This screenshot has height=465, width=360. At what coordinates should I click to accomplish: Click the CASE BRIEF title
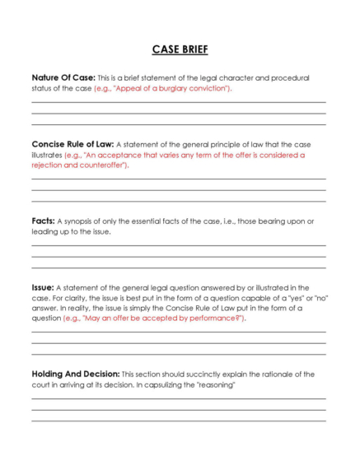point(180,49)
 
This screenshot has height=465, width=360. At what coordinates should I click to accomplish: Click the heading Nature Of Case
point(63,77)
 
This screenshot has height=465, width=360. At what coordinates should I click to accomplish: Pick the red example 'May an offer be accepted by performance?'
point(154,318)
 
